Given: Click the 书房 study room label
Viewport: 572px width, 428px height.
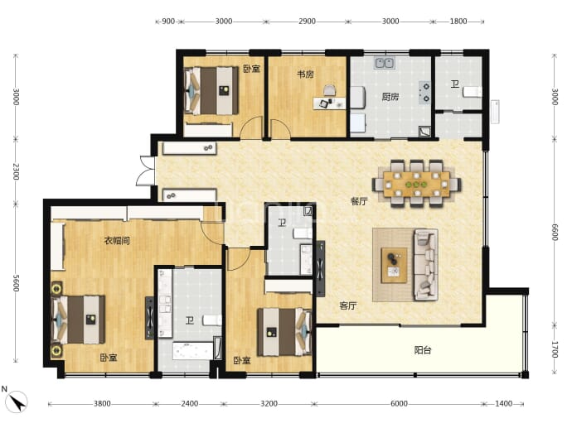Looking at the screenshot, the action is coord(305,75).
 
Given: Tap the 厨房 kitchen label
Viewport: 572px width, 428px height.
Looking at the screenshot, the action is coord(390,97).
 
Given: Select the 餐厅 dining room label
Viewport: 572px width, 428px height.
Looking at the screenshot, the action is coord(359,201).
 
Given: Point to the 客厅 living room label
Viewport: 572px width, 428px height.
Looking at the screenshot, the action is coord(348,306).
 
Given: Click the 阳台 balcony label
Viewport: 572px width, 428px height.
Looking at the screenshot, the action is coord(423,350).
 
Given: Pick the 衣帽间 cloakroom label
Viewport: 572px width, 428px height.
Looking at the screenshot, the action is coord(117,241).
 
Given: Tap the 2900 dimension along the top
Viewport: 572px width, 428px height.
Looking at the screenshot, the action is coord(307,22).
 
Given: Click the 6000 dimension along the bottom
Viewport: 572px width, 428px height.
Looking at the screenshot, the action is coord(399,404).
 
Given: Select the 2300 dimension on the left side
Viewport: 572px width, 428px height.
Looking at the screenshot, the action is coord(16,171).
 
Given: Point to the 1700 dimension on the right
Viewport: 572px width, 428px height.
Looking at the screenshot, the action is coord(555,349).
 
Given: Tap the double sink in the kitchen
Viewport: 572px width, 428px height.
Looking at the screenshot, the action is coord(385,63).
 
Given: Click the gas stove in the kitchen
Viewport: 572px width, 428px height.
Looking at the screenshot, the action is coord(425,93).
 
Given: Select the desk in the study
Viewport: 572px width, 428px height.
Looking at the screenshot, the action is coord(329,103).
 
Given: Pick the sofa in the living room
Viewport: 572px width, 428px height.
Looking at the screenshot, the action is coord(426,264).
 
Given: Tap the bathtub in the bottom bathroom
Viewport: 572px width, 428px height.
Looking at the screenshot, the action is coord(192,351).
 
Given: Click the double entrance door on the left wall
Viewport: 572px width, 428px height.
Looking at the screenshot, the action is coord(146,171).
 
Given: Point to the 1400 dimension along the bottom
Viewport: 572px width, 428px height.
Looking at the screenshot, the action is coord(503,404).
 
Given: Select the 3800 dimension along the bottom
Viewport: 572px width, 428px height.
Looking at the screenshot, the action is coord(102,404).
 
